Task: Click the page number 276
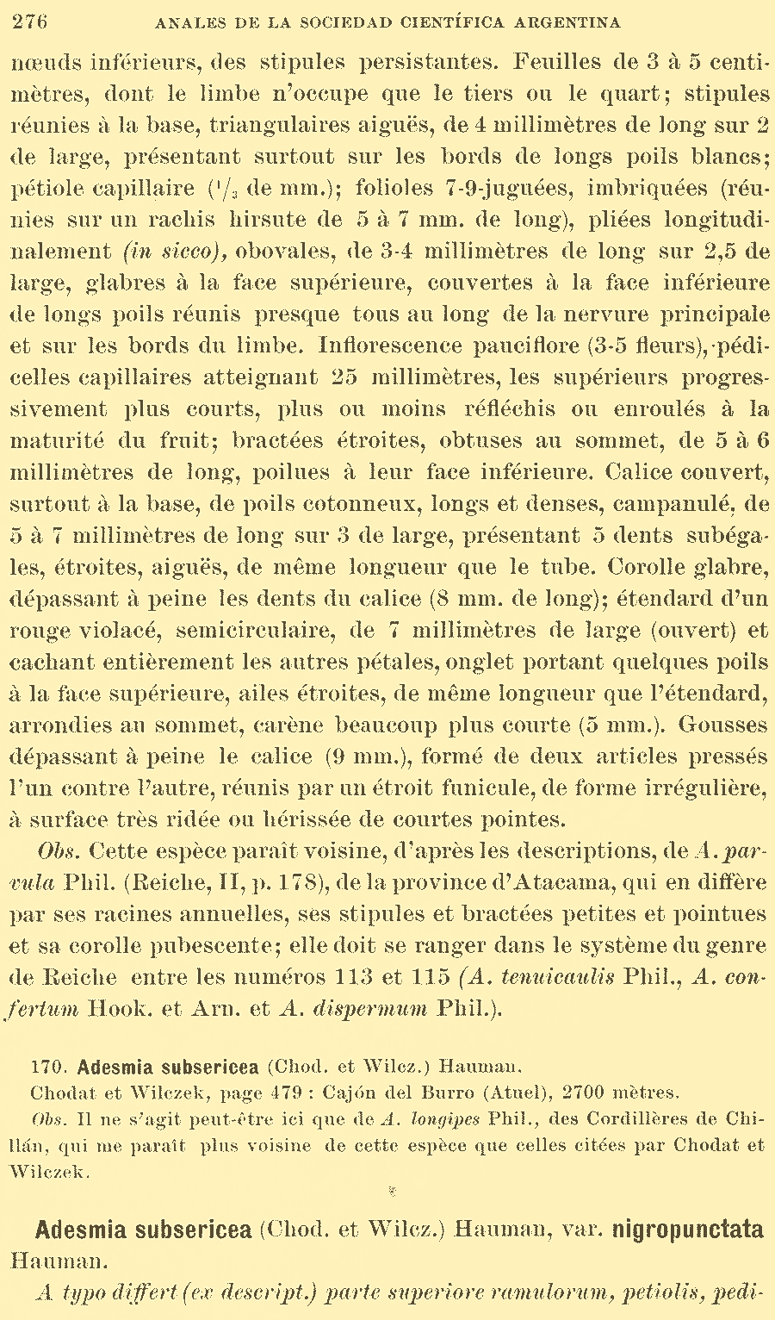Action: [30, 22]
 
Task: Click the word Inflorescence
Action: [391, 346]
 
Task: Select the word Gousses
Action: [722, 725]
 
